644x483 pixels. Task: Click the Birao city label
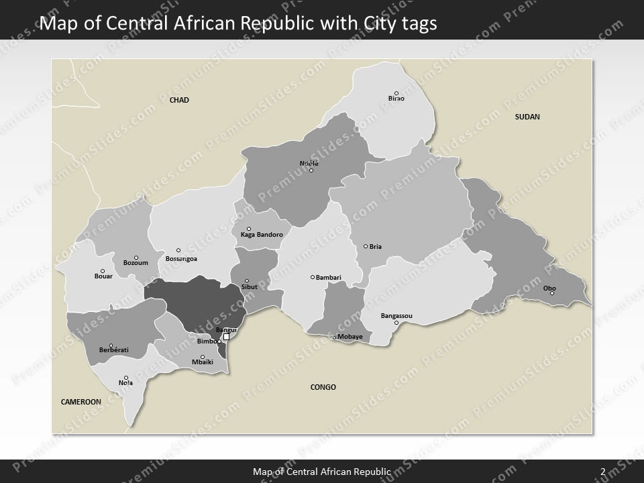(396, 99)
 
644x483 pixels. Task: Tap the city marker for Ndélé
(311, 170)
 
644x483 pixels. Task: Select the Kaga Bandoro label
(262, 235)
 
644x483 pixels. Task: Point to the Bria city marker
(366, 246)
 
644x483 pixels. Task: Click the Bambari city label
(329, 277)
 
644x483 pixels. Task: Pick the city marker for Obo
(552, 293)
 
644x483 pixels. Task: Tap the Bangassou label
(396, 315)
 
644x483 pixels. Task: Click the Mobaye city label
(350, 336)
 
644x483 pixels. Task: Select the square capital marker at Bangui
(226, 337)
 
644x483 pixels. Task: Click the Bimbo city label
(207, 341)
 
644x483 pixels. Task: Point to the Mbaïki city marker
(203, 357)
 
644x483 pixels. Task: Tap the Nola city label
(125, 383)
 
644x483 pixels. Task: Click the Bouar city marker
(103, 271)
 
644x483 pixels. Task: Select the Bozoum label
(136, 263)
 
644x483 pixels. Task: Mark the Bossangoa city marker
(178, 250)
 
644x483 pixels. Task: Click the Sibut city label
(249, 286)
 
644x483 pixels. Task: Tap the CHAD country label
(179, 100)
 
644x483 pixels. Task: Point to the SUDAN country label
(527, 117)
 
